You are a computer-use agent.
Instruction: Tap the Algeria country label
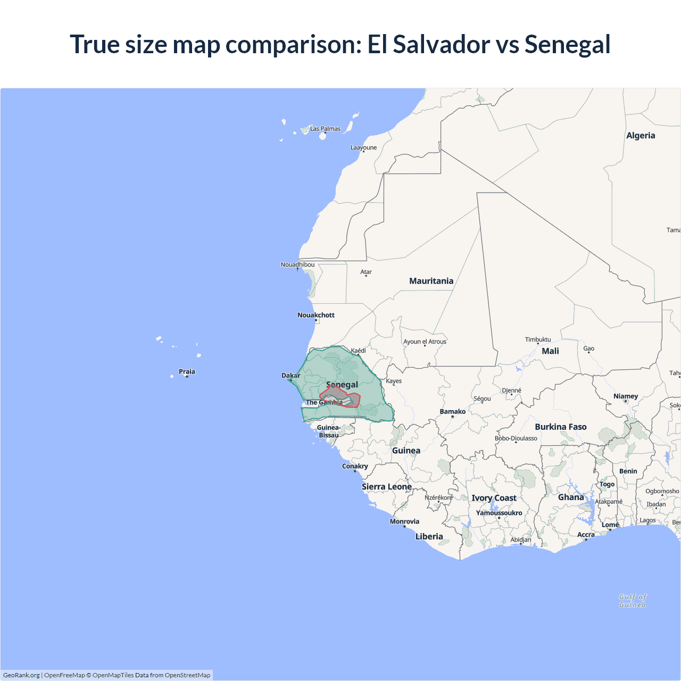[x=641, y=136]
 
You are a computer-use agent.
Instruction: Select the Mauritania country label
[x=431, y=281]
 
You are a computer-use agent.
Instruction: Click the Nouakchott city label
[x=316, y=315]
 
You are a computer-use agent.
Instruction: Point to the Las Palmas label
[x=325, y=129]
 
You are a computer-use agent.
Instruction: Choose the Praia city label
[x=187, y=371]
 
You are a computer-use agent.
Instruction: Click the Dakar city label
[x=291, y=376]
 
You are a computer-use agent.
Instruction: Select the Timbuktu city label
[x=538, y=339]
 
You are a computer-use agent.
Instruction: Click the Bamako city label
[x=453, y=411]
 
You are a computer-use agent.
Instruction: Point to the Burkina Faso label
[x=561, y=427]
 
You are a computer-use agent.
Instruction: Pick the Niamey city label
[x=626, y=396]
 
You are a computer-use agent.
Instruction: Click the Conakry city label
[x=355, y=466]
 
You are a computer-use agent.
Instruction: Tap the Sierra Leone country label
[x=387, y=487]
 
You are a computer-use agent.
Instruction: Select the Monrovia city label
[x=404, y=521]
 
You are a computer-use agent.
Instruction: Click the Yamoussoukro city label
[x=499, y=513]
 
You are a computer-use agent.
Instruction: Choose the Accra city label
[x=586, y=535]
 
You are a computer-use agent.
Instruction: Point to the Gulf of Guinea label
[x=633, y=601]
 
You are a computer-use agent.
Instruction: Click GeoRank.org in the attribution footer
[x=21, y=675]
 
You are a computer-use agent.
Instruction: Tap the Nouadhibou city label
[x=297, y=264]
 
